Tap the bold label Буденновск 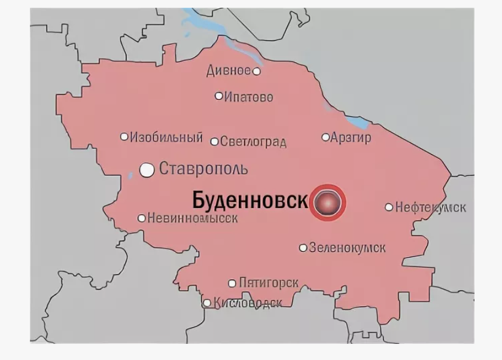point(250,200)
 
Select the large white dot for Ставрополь point(147,170)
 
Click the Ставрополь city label point(203,169)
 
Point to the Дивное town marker point(257,71)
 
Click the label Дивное point(228,71)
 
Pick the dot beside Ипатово point(219,96)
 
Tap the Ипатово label point(248,97)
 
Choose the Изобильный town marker point(124,137)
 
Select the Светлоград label point(252,142)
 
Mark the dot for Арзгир point(325,137)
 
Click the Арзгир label point(351,138)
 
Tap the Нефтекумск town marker point(389,207)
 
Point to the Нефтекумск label point(430,208)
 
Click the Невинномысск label point(192,218)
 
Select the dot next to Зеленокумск point(303,248)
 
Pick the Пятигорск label point(269,283)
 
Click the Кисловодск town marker point(207,303)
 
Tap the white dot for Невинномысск point(142,218)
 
